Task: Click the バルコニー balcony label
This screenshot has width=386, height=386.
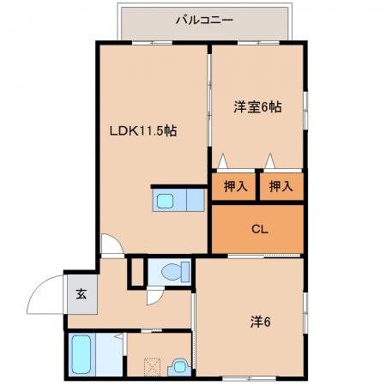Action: pos(204,20)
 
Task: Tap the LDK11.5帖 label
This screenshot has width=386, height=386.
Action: pos(143,130)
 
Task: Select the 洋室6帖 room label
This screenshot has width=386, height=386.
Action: pos(257,107)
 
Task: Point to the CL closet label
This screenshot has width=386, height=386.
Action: pos(260,229)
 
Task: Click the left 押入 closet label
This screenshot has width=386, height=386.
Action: pos(236,186)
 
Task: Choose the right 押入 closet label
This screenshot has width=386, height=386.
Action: pos(281,186)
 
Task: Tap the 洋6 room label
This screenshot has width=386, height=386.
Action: pos(260,323)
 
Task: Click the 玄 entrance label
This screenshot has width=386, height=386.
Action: pos(81,294)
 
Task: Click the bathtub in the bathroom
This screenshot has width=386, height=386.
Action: pos(81,354)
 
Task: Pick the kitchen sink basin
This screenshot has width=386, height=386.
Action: pos(165,201)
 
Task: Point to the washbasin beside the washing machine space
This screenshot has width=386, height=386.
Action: pos(179,367)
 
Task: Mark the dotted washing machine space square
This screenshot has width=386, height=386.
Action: pos(152,367)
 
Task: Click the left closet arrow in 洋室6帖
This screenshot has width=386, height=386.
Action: pos(223,161)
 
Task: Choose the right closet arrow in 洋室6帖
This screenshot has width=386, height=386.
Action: pos(269,161)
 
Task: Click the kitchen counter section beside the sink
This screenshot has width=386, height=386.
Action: pos(196,200)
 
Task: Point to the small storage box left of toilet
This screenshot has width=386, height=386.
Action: pos(137,272)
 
